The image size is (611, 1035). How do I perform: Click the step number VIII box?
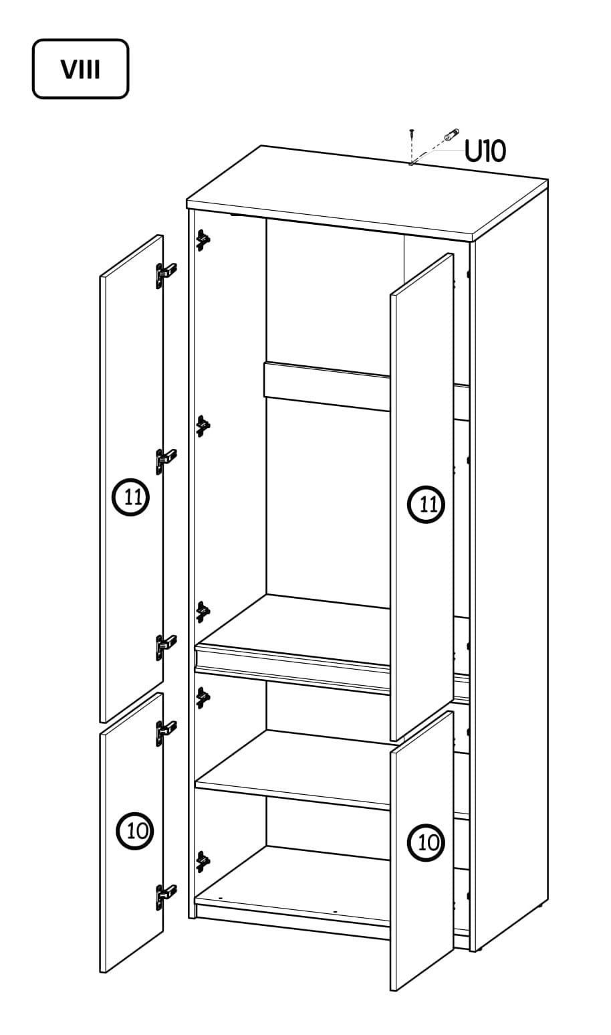click(80, 69)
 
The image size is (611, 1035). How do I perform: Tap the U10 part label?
click(485, 151)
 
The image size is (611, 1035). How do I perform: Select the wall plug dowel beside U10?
click(451, 135)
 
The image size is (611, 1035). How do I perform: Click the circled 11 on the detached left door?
click(131, 498)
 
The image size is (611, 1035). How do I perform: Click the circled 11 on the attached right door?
click(426, 504)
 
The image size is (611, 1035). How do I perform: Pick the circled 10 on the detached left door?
click(134, 831)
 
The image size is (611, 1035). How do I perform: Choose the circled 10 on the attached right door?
click(426, 843)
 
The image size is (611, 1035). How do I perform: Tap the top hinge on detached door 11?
click(166, 275)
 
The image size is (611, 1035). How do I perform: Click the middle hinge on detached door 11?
click(166, 461)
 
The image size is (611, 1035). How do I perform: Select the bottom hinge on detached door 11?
click(166, 647)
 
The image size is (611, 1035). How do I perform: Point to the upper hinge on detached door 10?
click(166, 733)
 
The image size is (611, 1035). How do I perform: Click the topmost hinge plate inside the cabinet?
click(203, 240)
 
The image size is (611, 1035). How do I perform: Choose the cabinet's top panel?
click(368, 193)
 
